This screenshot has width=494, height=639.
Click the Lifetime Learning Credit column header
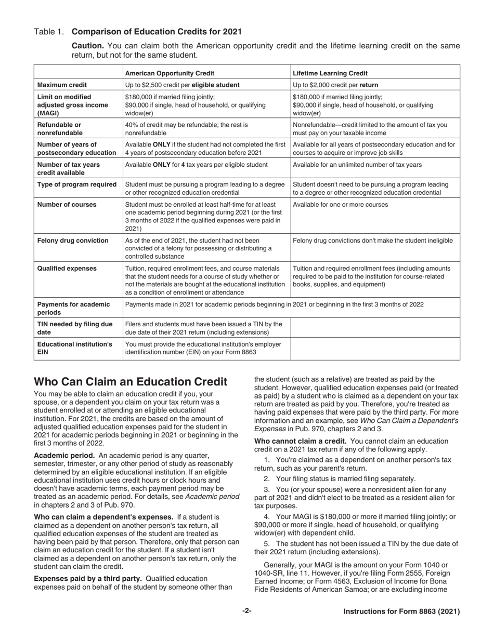[x=329, y=73]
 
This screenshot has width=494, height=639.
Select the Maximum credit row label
[x=62, y=85]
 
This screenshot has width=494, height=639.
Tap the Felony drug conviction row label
[x=73, y=241]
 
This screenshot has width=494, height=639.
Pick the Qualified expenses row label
[x=67, y=269]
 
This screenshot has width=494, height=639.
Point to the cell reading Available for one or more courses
[x=340, y=204]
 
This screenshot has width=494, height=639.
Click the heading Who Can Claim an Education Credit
[x=131, y=382]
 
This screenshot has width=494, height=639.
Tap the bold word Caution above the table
[x=87, y=46]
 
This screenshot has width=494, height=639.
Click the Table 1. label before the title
[x=49, y=32]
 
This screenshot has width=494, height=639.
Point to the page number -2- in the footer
[x=246, y=611]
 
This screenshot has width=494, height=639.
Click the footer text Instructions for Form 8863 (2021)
[x=401, y=611]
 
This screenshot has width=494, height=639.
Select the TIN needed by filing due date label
[x=74, y=328]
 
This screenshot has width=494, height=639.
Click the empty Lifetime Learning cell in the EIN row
[x=375, y=348]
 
